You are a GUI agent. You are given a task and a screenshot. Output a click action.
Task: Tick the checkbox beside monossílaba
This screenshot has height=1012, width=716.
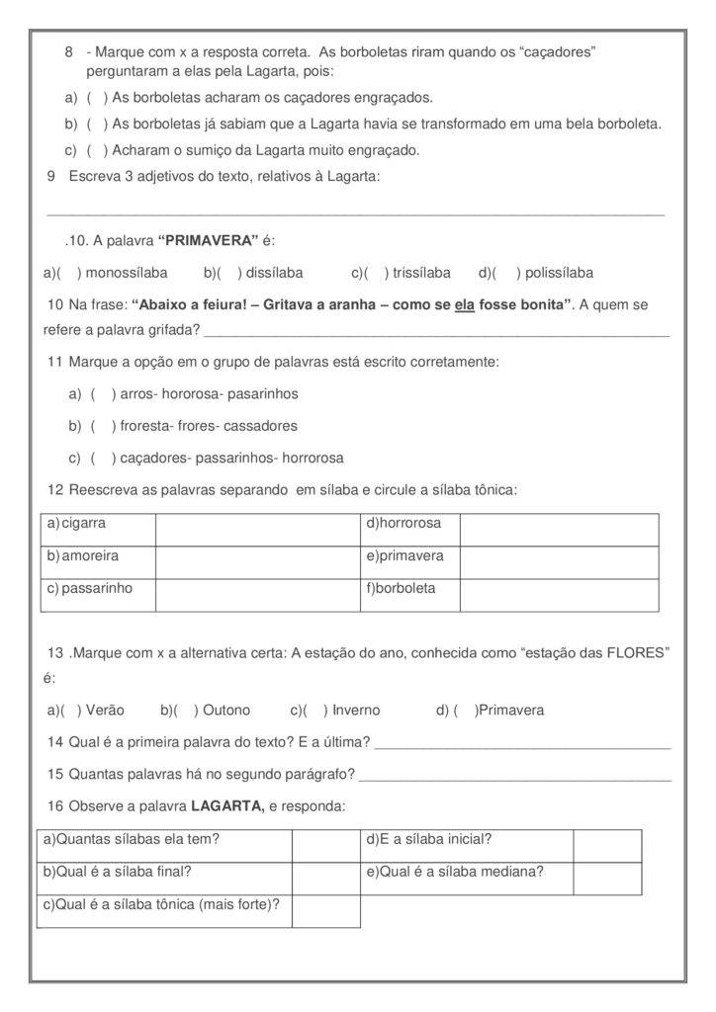68,273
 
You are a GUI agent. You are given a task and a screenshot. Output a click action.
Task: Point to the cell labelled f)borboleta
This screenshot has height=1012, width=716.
409,594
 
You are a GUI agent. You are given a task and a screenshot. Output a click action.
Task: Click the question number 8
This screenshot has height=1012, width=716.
68,50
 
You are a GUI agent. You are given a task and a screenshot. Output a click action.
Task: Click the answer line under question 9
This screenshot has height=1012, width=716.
356,211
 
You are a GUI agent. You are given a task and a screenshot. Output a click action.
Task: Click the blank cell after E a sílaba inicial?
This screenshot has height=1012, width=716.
607,846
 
